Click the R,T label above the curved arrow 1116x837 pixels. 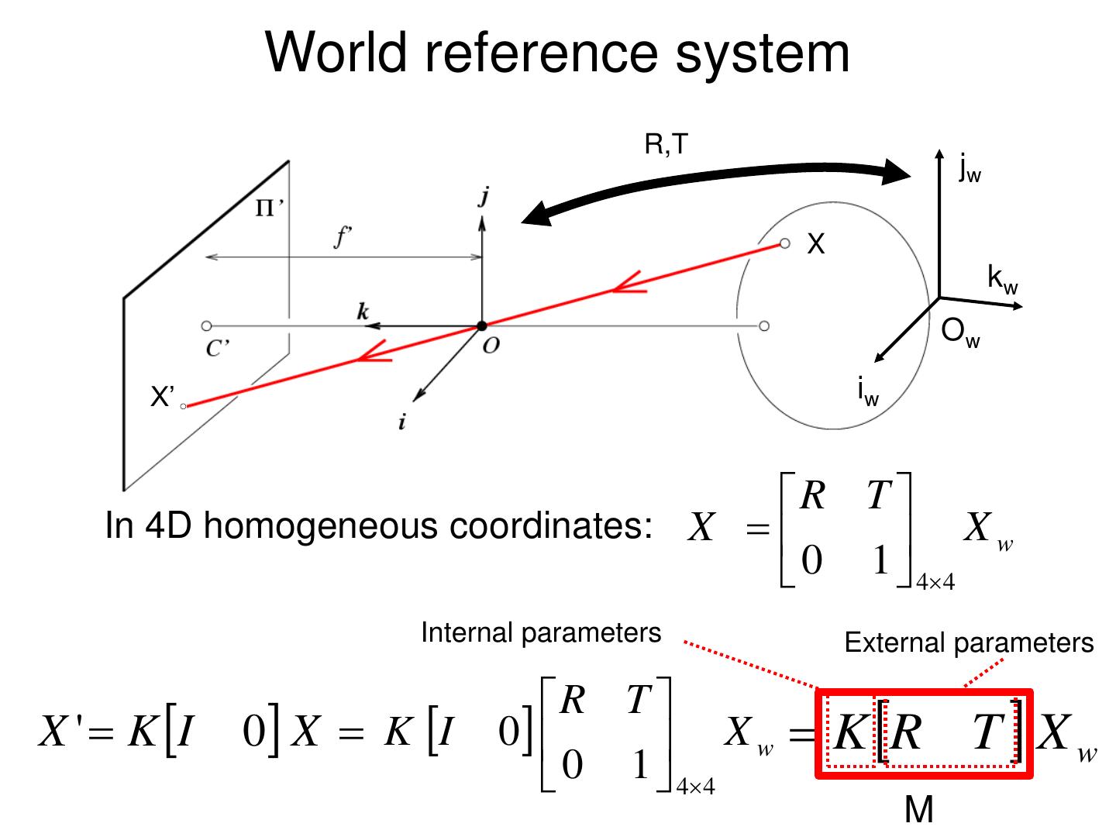666,144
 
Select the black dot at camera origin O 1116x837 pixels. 481,325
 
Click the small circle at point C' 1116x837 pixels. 206,326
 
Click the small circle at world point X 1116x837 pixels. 784,244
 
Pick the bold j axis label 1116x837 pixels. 483,197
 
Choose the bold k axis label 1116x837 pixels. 363,312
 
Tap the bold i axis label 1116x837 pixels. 401,422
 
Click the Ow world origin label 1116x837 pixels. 959,333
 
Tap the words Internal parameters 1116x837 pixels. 541,632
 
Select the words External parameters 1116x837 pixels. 969,642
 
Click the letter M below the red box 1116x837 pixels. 919,810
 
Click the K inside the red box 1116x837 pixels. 849,732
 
